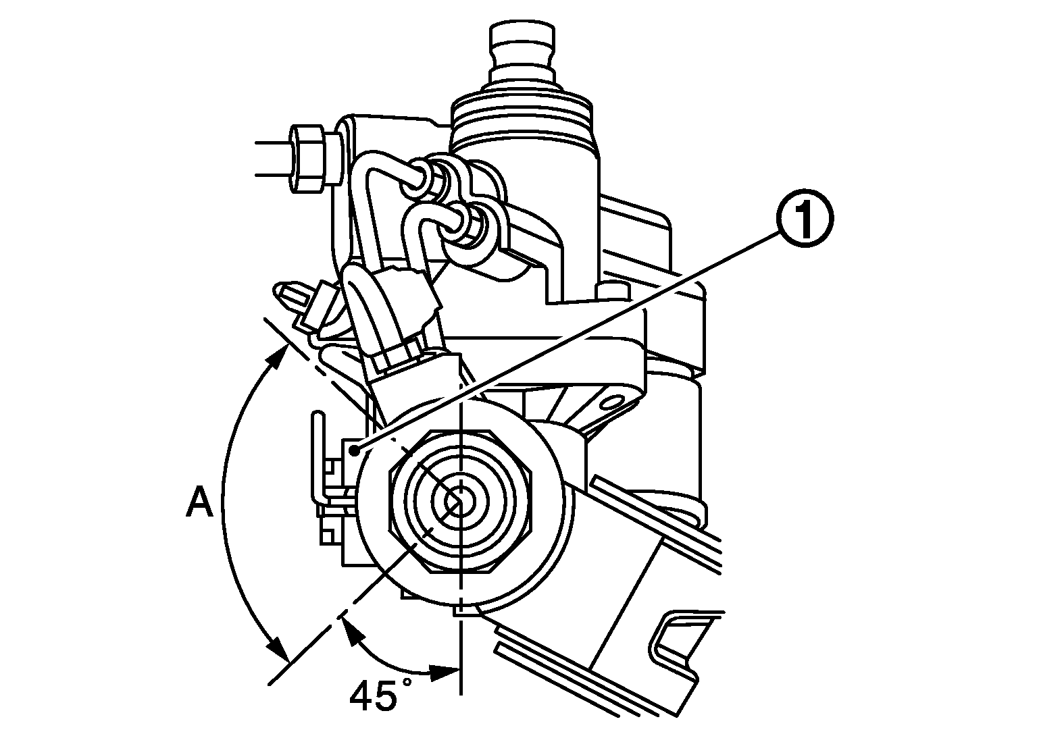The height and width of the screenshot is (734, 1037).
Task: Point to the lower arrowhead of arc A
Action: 278,650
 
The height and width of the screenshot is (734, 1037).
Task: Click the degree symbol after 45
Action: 407,683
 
